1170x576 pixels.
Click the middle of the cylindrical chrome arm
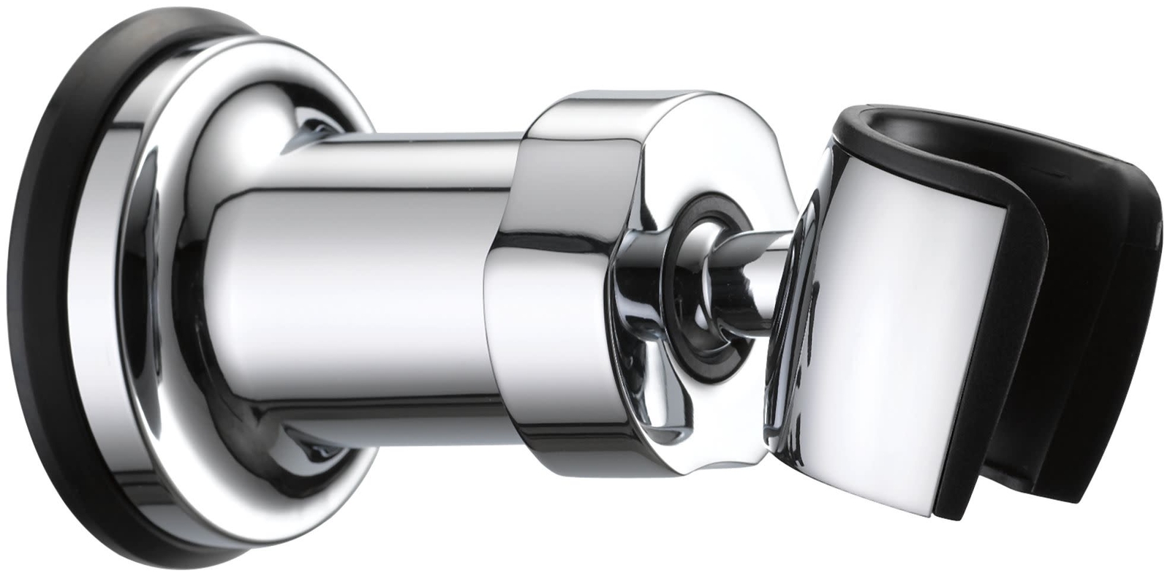366,292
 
